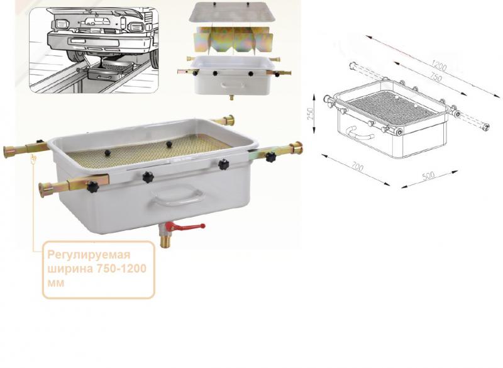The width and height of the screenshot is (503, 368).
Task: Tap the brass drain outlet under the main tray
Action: click(x=165, y=241)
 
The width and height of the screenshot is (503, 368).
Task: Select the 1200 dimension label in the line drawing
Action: click(x=438, y=66)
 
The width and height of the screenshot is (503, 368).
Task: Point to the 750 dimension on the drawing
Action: click(x=435, y=77)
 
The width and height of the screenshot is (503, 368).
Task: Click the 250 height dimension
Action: click(x=311, y=114)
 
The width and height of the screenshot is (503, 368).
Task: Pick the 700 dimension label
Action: click(x=357, y=166)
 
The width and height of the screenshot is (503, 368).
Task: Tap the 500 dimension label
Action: click(x=428, y=176)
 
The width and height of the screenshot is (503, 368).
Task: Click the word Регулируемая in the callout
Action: click(x=89, y=255)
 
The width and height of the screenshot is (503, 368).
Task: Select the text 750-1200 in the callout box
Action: click(x=121, y=269)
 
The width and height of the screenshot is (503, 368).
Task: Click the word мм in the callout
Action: click(x=55, y=283)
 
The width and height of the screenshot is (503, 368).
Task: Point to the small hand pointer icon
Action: click(x=33, y=159)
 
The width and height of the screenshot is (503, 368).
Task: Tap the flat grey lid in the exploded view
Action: click(x=232, y=12)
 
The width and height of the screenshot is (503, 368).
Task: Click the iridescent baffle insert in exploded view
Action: click(x=233, y=39)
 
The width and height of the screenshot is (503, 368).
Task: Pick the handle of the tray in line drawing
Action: click(x=359, y=133)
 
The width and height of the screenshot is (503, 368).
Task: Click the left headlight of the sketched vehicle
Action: click(x=60, y=25)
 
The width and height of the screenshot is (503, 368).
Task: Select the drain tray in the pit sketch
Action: click(x=111, y=71)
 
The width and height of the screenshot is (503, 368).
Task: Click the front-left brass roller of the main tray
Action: click(x=46, y=189)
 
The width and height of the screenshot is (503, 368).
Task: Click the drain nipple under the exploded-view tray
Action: click(x=231, y=97)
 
